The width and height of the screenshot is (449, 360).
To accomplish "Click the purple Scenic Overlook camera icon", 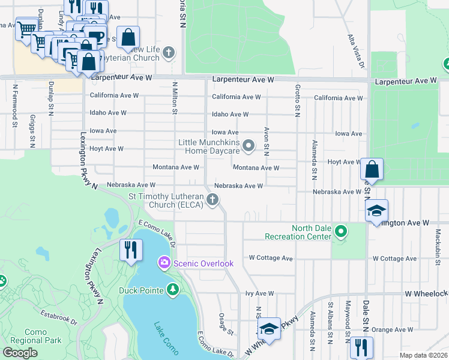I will click(x=163, y=263).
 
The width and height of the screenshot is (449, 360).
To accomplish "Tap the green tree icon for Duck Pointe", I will click(x=173, y=291).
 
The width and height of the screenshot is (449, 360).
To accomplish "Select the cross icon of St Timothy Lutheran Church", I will click(x=212, y=200).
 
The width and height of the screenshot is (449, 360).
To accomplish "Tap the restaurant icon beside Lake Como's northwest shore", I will click(x=131, y=249).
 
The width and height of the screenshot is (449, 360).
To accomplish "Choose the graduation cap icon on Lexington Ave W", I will click(x=376, y=211).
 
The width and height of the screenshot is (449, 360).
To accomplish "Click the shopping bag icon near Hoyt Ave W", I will click(x=372, y=170).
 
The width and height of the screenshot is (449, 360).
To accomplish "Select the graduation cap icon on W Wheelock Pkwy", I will click(x=270, y=329).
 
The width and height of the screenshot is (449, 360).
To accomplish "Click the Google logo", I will click(x=20, y=353).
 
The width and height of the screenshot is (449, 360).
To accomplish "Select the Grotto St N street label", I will click(x=297, y=99).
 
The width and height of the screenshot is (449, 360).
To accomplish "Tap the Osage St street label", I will click(x=226, y=324).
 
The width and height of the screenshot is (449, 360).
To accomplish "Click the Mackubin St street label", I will click(x=439, y=247).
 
